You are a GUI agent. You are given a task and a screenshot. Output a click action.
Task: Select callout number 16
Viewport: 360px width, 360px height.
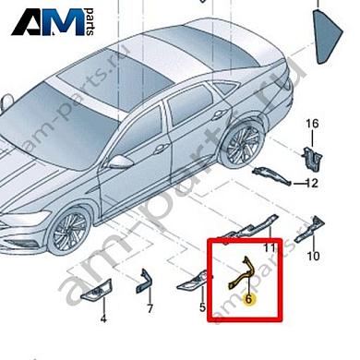click(311, 124)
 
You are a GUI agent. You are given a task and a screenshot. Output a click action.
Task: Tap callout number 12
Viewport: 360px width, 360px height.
click(312, 183)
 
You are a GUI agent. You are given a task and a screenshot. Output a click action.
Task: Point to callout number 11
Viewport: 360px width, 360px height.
click(270, 248)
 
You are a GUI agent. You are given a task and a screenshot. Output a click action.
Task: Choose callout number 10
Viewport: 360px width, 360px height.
click(313, 256)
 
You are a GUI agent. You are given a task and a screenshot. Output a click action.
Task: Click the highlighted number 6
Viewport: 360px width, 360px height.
click(249, 298)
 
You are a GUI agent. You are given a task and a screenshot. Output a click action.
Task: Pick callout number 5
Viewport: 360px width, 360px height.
click(202, 305)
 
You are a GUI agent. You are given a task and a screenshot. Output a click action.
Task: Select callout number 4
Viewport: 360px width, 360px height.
click(103, 318)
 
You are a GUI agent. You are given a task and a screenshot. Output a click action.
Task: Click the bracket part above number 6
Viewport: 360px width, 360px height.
click(242, 275)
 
